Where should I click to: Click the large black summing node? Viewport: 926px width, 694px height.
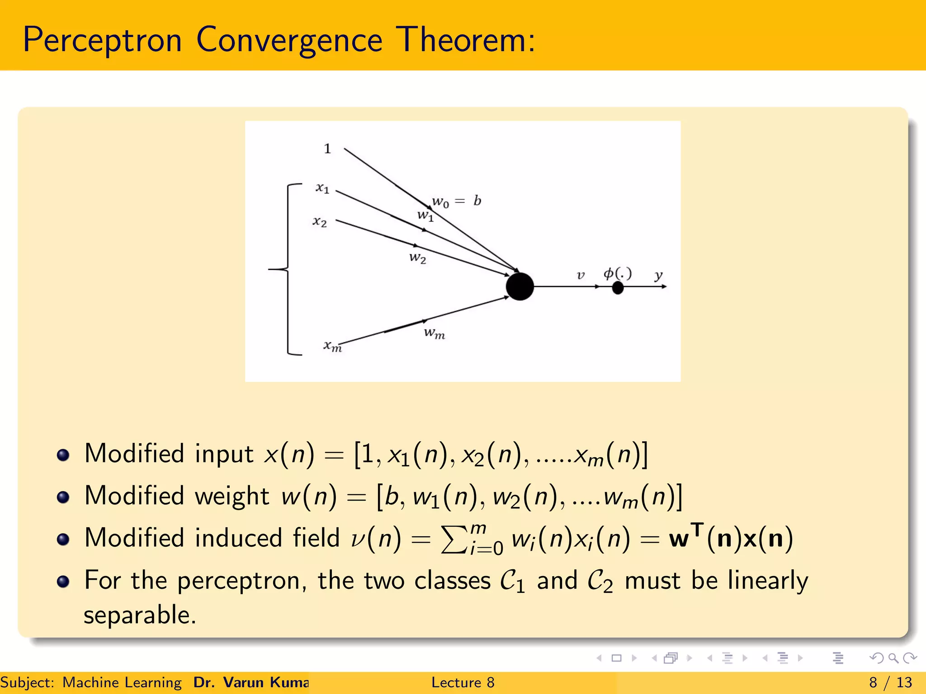520,286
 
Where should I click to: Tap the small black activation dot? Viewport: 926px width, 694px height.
618,287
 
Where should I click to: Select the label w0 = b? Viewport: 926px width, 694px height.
456,201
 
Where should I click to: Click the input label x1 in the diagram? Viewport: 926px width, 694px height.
322,188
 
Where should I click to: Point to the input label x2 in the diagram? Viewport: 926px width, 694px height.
320,221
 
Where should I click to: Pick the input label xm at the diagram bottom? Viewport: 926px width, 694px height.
332,346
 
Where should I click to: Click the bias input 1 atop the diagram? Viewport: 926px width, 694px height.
327,149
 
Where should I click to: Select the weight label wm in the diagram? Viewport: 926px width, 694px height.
435,333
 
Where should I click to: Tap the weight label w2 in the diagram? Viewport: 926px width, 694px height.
417,258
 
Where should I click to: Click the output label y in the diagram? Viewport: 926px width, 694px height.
658,275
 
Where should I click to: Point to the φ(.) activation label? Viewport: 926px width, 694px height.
618,273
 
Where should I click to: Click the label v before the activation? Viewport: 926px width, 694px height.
581,275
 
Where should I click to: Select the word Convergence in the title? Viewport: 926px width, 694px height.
289,40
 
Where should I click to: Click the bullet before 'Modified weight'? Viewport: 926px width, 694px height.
63,497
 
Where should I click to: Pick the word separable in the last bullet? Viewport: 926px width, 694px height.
140,615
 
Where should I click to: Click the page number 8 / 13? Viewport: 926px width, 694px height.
890,682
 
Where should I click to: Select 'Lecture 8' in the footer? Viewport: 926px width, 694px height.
463,682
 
